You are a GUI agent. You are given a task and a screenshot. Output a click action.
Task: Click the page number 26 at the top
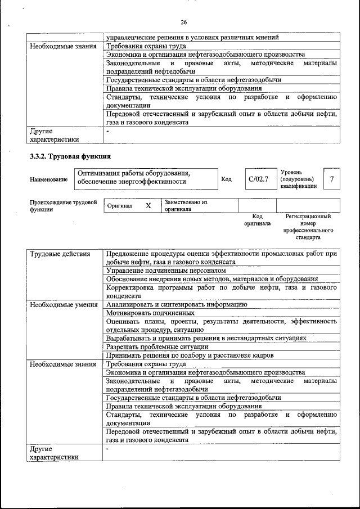tap(183, 22)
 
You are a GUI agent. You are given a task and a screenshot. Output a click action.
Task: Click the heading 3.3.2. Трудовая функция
tap(70, 156)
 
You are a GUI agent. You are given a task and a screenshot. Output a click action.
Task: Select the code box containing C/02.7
tap(259, 179)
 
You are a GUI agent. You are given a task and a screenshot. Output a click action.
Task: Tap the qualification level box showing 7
tap(332, 179)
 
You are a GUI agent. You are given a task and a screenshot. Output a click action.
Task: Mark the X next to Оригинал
tap(148, 206)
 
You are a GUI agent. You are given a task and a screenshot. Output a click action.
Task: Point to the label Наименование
tap(49, 179)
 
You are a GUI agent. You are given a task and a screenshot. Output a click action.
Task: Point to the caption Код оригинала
tap(257, 219)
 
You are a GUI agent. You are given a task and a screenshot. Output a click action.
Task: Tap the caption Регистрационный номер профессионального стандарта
tap(308, 227)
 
